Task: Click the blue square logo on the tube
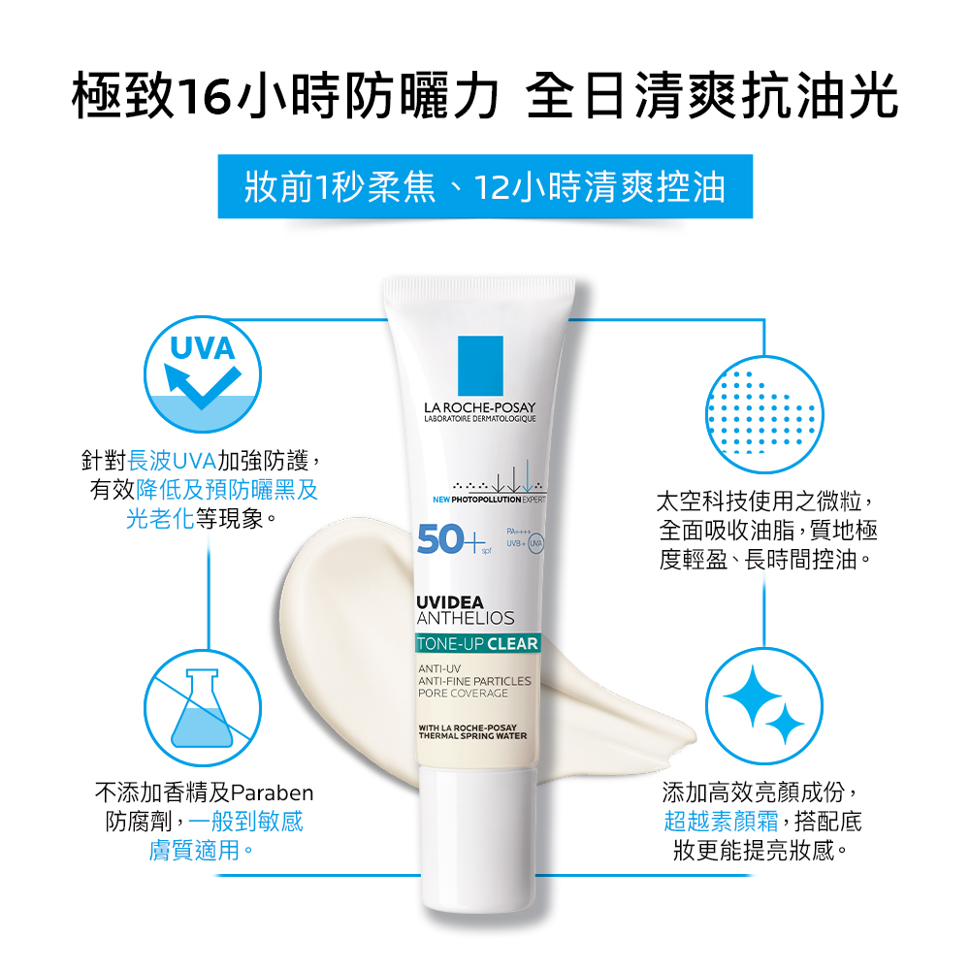(x=480, y=366)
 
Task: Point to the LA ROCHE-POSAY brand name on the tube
(x=479, y=407)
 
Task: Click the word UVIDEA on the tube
(x=450, y=602)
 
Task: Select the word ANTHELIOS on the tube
(x=466, y=618)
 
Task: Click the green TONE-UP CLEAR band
(x=477, y=643)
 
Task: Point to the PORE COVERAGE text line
(x=463, y=694)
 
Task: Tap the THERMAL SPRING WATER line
(x=472, y=736)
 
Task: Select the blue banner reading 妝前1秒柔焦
(x=485, y=186)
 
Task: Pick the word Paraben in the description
(x=272, y=792)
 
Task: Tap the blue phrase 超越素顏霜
(x=722, y=822)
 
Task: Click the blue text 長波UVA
(x=172, y=461)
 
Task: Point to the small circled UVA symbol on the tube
(x=535, y=543)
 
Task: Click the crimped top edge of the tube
(x=479, y=287)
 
